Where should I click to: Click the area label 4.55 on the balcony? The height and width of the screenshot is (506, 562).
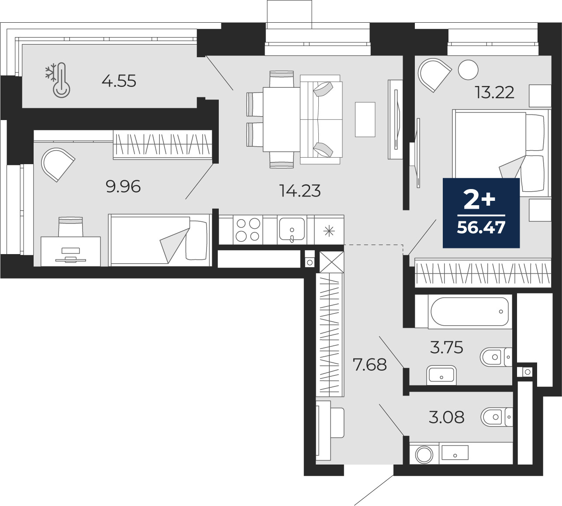pos(119,81)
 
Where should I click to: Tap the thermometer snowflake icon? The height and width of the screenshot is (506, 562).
pos(58,80)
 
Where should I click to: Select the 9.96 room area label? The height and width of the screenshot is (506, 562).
pos(123,186)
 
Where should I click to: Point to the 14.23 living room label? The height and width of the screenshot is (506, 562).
pos(300,191)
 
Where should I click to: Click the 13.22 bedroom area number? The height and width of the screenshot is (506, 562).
pos(495,93)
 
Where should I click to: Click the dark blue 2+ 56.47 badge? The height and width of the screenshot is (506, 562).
pos(481,213)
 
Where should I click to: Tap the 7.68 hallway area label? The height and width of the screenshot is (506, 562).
pos(370,365)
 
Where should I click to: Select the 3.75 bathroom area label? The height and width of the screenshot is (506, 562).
pos(447,348)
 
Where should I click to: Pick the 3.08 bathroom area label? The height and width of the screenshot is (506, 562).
pos(447,417)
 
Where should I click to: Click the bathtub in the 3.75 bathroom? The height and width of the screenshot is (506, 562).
pos(470,311)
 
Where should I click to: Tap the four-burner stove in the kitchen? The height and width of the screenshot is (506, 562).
pos(248,230)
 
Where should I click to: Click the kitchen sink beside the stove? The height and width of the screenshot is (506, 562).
pos(292,230)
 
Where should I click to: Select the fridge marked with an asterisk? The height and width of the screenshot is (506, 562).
pos(329,230)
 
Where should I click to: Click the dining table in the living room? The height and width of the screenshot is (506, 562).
pos(282,119)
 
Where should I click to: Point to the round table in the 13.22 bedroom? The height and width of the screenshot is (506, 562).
pos(468,70)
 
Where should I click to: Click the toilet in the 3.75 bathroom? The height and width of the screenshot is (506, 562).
pos(496,357)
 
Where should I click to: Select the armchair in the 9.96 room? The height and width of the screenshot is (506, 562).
pos(58,165)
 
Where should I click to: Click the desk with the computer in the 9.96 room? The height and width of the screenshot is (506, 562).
pos(71,251)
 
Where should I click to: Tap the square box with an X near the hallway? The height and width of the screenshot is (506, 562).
pos(332,262)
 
